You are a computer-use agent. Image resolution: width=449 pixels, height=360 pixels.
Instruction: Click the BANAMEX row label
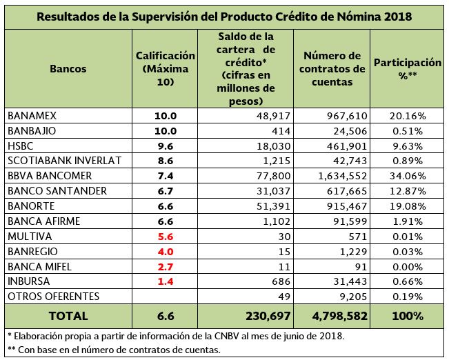(x=31, y=116)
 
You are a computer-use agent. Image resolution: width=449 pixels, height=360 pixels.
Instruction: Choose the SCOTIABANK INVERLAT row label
(x=63, y=161)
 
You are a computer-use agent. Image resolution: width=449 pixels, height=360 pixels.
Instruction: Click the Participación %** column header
(x=407, y=68)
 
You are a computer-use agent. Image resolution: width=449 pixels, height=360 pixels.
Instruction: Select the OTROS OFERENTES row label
(x=53, y=297)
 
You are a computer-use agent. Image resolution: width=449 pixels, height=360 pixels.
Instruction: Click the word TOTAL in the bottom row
(x=68, y=317)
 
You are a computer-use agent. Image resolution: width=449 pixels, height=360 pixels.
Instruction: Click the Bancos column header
(x=68, y=69)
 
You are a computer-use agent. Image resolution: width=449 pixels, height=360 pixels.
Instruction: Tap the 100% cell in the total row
(x=407, y=317)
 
